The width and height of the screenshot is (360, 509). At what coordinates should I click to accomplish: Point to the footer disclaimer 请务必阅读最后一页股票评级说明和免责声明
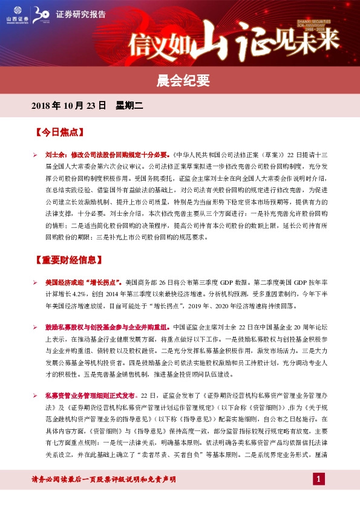click(103, 479)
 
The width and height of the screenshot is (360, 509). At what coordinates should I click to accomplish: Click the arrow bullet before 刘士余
click(35, 154)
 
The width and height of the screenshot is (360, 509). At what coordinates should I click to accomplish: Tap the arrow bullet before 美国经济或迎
click(35, 282)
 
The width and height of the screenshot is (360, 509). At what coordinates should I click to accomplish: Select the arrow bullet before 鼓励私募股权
click(35, 325)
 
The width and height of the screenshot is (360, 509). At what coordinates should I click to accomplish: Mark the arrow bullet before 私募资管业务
click(35, 395)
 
